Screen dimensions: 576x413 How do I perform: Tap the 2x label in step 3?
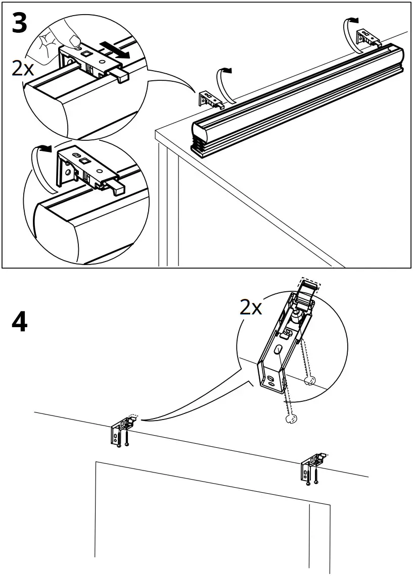point(23,68)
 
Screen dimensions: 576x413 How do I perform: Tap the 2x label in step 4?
point(251,306)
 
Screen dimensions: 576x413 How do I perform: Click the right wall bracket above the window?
point(312,466)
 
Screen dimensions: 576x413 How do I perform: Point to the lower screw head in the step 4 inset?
point(291,419)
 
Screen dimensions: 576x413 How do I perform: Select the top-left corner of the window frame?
point(96,462)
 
